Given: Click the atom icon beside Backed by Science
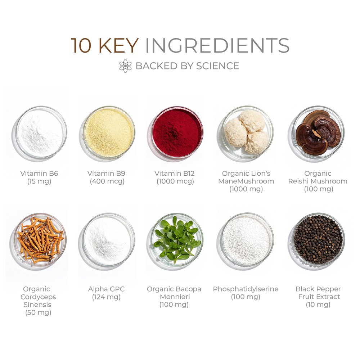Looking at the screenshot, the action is click(x=125, y=66).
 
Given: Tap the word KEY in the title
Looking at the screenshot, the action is click(x=118, y=45).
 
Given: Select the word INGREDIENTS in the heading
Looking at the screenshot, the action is click(x=217, y=45).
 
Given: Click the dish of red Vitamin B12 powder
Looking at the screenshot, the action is click(x=177, y=132).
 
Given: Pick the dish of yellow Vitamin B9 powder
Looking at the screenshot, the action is click(x=109, y=132).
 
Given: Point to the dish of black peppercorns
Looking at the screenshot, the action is click(x=318, y=239).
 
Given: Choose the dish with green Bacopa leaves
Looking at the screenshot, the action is click(x=177, y=239).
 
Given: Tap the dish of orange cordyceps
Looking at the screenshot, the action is click(x=40, y=239).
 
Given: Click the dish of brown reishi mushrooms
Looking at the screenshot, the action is click(x=318, y=132).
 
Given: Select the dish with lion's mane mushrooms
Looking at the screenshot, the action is click(x=247, y=132).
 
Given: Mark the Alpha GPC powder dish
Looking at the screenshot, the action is click(x=109, y=239).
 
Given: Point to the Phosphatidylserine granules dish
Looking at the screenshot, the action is click(x=247, y=239).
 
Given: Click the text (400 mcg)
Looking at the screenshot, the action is click(x=107, y=181).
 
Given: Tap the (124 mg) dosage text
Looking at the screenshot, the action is click(x=106, y=297).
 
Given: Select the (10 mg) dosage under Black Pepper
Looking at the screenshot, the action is click(x=318, y=305).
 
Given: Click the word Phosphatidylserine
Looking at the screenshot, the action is click(x=246, y=289).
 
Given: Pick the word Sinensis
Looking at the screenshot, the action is click(x=37, y=305).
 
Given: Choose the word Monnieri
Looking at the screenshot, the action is click(x=175, y=297).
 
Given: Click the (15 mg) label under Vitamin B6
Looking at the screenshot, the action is click(x=39, y=181).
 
